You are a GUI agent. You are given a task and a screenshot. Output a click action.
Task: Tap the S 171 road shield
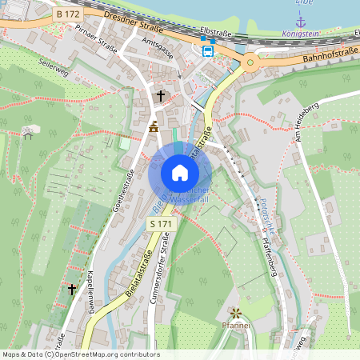pos(161,225)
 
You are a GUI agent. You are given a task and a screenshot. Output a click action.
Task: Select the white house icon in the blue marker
pos(179,173)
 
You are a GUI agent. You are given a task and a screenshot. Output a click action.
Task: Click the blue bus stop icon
pos(208,52)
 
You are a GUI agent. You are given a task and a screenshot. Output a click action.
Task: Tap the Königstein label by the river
pos(301,34)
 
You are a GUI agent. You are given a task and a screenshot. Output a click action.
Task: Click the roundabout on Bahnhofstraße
pos(250,62)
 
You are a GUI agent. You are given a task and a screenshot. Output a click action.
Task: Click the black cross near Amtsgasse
pos(160,96)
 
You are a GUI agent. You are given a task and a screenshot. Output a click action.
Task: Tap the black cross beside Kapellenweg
pos(71,288)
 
